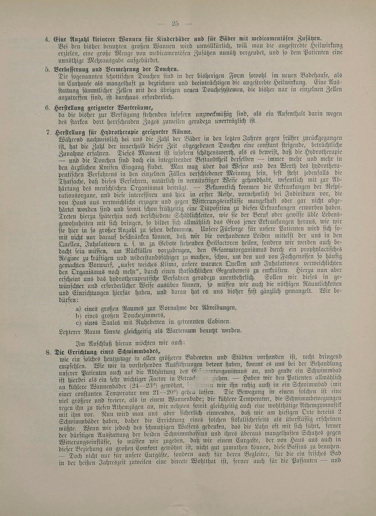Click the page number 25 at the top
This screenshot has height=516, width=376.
tap(175, 23)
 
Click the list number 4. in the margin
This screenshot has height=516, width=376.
tap(47, 39)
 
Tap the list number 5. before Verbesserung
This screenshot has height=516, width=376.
tap(47, 69)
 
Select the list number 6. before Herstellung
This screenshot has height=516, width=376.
tap(47, 107)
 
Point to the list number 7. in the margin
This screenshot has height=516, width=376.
tap(48, 132)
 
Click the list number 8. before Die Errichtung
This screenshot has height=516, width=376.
tap(48, 352)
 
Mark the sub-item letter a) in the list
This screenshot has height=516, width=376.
tap(79, 308)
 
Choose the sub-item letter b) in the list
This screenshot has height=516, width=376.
tap(79, 315)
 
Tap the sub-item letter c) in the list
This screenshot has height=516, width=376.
tap(79, 322)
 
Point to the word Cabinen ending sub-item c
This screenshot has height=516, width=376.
tap(219, 322)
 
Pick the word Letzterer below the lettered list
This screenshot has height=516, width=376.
tap(71, 331)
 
